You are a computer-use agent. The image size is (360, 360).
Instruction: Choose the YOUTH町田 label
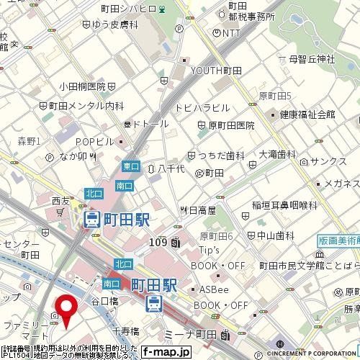pyautogui.click(x=220, y=71)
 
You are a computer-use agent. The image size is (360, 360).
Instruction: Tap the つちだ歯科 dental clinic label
pyautogui.click(x=220, y=155)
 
